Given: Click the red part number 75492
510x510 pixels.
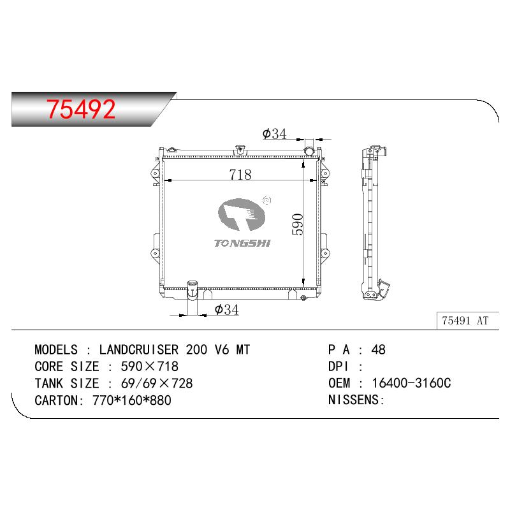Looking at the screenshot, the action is pyautogui.click(x=81, y=109).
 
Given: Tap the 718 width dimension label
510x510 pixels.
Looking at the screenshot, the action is pyautogui.click(x=240, y=174).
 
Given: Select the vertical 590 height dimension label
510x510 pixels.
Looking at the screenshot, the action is pyautogui.click(x=298, y=224).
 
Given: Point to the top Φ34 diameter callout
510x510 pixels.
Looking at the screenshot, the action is pyautogui.click(x=274, y=134).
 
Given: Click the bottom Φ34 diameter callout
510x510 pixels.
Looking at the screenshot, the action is pyautogui.click(x=227, y=309).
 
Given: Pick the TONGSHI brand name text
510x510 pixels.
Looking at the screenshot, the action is pyautogui.click(x=242, y=244).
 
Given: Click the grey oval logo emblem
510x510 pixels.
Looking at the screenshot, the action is pyautogui.click(x=242, y=214).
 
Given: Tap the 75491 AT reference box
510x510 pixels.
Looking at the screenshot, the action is pyautogui.click(x=467, y=321).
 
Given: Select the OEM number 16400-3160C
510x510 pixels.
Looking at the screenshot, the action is pyautogui.click(x=411, y=383).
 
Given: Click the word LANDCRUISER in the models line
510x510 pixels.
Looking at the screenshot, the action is pyautogui.click(x=139, y=349).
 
